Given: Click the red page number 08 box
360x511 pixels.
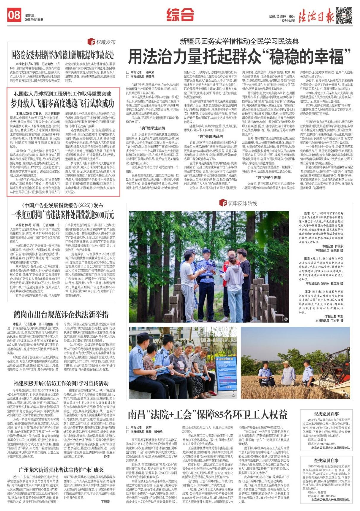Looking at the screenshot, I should point(14,15).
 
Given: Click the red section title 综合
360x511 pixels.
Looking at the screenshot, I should point(180,14).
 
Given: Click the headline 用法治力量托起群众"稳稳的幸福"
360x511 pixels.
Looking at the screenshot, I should point(239,56).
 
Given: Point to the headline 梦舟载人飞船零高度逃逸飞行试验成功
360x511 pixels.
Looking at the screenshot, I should point(62,103).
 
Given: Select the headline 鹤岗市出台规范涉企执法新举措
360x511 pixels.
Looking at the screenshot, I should point(61,314).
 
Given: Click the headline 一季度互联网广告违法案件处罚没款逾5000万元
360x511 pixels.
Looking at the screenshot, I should point(62,215).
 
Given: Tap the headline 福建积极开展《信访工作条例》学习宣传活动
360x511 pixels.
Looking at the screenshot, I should point(61,383).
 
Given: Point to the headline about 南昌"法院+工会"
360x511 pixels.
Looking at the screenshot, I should point(208,414).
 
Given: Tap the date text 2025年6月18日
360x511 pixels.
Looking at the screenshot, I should point(34,20).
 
